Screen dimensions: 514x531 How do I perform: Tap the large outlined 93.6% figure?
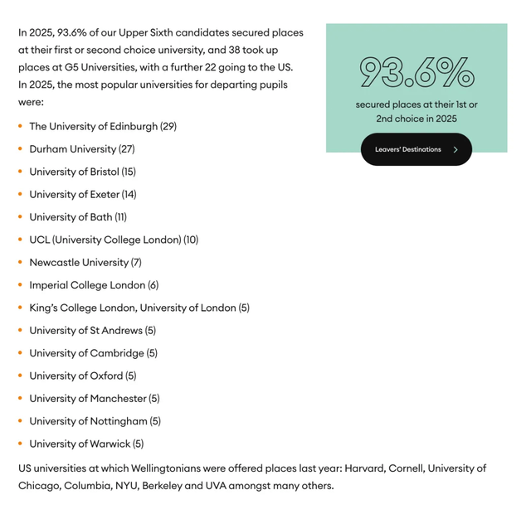coord(417,73)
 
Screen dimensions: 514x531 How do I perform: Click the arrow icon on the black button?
coord(455,150)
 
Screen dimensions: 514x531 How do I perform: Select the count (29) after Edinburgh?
coord(168,127)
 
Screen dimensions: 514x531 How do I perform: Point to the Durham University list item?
coord(81,149)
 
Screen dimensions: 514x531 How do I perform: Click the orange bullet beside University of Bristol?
coord(20,172)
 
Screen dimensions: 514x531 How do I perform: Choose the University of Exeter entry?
coord(82,195)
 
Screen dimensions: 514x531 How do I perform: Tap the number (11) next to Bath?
coord(121,217)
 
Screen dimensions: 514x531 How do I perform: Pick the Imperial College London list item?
coord(94,285)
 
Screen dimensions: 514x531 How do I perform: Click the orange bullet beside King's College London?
coord(20,308)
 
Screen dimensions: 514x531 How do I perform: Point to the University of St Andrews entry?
coord(92,331)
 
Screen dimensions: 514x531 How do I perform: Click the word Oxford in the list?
coord(107,376)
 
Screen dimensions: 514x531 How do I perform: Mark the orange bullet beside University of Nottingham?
coord(20,421)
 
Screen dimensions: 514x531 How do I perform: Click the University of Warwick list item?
coord(86,444)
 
